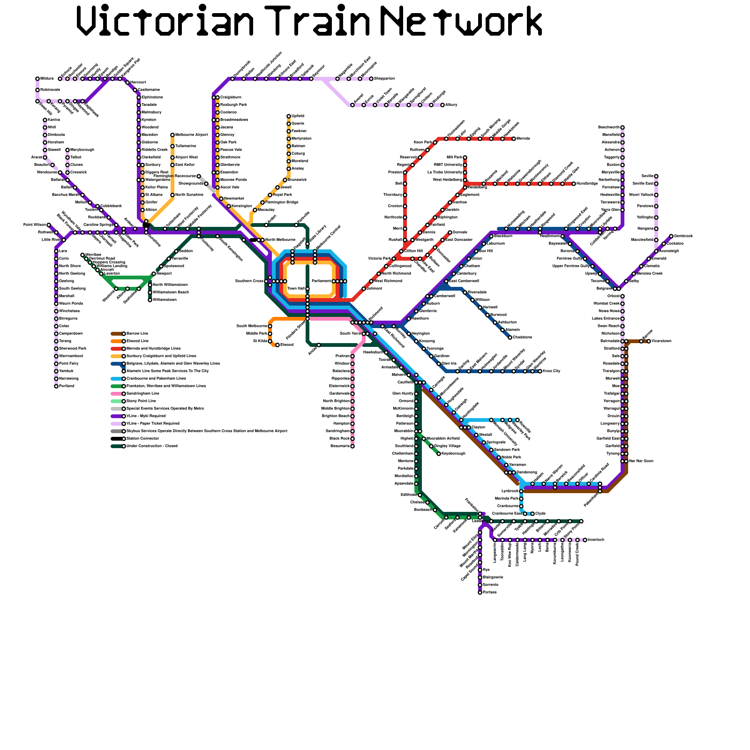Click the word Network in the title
point(462,21)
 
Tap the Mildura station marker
point(37,79)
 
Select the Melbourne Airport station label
point(191,135)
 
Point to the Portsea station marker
point(480,592)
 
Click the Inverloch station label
point(596,540)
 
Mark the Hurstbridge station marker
point(574,184)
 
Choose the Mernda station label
point(523,139)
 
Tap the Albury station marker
point(442,105)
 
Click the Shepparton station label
point(384,79)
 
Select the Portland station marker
point(56,386)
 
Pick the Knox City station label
point(551,371)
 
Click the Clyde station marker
point(532,514)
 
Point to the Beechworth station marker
point(622,127)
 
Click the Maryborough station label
point(82,150)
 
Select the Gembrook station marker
point(671,236)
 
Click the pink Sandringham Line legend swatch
point(117,394)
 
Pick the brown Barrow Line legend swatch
point(117,334)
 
